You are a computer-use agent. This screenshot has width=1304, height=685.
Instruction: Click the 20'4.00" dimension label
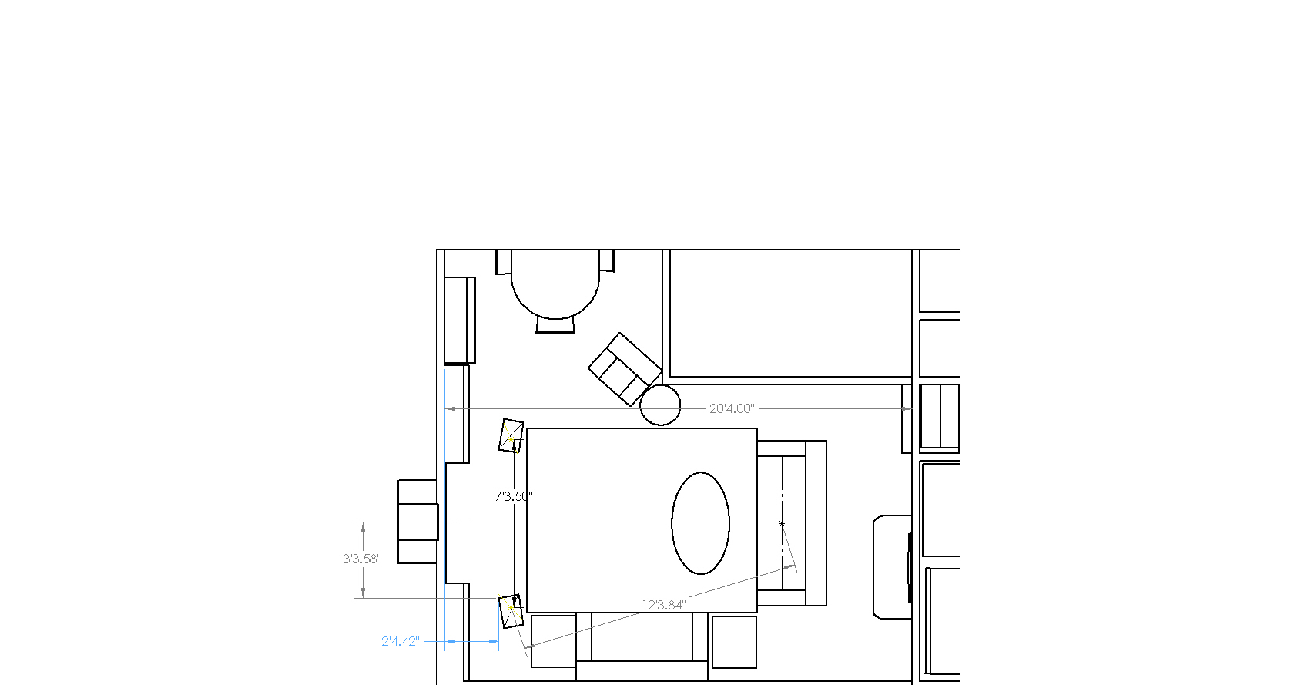coord(732,409)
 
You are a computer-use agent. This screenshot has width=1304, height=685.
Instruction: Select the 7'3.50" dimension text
coord(514,496)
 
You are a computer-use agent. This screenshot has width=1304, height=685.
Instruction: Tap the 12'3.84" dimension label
coord(664,605)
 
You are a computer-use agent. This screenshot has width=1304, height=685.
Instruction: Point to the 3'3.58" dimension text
coord(361,559)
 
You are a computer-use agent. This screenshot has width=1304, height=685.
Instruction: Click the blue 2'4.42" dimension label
coord(400,641)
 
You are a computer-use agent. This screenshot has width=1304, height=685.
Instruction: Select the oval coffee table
coord(700,523)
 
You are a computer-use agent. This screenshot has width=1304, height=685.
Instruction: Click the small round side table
coord(660,405)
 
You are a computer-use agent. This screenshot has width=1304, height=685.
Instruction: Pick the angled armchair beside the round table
coord(625,369)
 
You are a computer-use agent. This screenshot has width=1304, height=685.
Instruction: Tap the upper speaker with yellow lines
coord(511,435)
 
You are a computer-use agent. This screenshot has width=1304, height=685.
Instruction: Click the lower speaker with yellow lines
coord(511,611)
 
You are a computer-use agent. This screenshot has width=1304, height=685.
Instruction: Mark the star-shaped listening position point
coord(782,524)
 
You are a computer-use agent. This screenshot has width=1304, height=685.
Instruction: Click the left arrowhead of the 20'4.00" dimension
coord(451,409)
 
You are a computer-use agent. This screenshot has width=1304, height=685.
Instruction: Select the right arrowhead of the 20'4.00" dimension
coord(907,409)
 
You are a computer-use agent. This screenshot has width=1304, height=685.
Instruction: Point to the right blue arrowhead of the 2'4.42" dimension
coord(494,641)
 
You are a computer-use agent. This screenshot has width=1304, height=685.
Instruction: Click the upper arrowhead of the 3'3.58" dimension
coord(364,528)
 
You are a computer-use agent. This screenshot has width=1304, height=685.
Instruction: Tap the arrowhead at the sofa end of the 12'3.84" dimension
coord(790,566)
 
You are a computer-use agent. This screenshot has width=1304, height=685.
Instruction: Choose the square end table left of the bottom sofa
coord(553,641)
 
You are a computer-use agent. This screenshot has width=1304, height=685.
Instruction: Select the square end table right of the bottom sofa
coord(734,642)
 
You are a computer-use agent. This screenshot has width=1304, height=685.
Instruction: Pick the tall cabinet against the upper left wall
coord(460,321)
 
